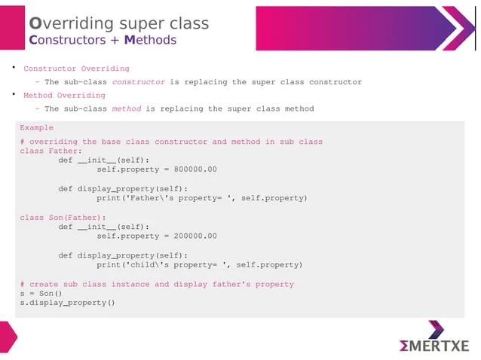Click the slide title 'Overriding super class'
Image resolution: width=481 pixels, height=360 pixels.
pyautogui.click(x=118, y=23)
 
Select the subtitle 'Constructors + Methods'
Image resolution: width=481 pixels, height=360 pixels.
pyautogui.click(x=102, y=40)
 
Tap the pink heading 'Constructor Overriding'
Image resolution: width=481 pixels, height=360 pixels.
pyautogui.click(x=76, y=69)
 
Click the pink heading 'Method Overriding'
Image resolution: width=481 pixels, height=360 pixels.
pyautogui.click(x=64, y=96)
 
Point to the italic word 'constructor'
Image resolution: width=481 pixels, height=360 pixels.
pyautogui.click(x=138, y=82)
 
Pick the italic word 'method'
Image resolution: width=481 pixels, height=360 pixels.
pyautogui.click(x=126, y=109)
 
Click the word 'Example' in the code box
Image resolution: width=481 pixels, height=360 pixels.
pyautogui.click(x=36, y=128)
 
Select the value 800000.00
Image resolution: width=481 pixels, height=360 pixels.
pyautogui.click(x=195, y=169)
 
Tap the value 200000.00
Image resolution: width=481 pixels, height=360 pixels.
pyautogui.click(x=195, y=236)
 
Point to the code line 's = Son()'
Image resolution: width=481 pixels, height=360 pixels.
pyautogui.click(x=41, y=294)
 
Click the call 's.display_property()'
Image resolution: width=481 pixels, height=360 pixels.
pyautogui.click(x=67, y=304)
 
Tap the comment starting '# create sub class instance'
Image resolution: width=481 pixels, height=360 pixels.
pyautogui.click(x=156, y=285)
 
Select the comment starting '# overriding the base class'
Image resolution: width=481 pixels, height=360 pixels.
pyautogui.click(x=171, y=142)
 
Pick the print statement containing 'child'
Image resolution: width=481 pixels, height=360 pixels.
pyautogui.click(x=199, y=265)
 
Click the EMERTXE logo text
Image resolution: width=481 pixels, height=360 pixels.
pyautogui.click(x=435, y=346)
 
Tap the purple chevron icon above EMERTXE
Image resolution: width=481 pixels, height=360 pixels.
pyautogui.click(x=437, y=329)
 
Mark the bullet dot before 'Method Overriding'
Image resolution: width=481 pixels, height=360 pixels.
pyautogui.click(x=13, y=95)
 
